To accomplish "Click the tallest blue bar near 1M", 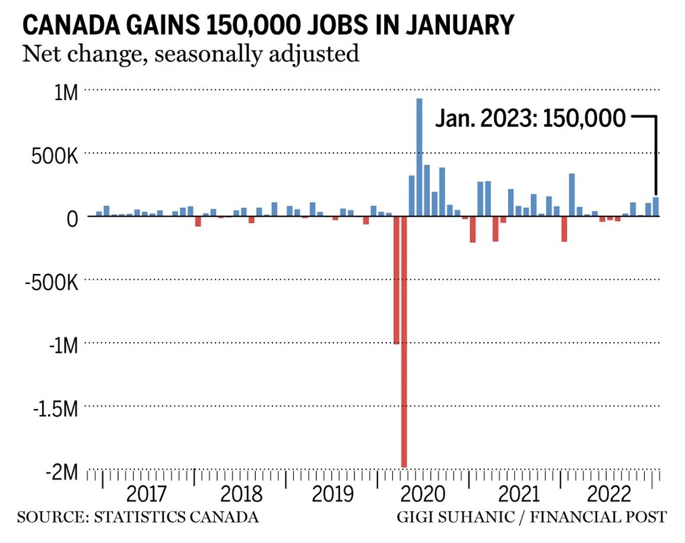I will click(419, 157).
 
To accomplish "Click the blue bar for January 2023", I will click(656, 207).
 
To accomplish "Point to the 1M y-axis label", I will click(63, 93).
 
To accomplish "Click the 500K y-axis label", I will click(54, 157).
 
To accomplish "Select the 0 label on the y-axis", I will click(71, 218).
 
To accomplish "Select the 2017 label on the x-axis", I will click(147, 493).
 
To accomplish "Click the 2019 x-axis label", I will click(332, 493).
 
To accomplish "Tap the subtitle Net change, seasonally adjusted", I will click(191, 54).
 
